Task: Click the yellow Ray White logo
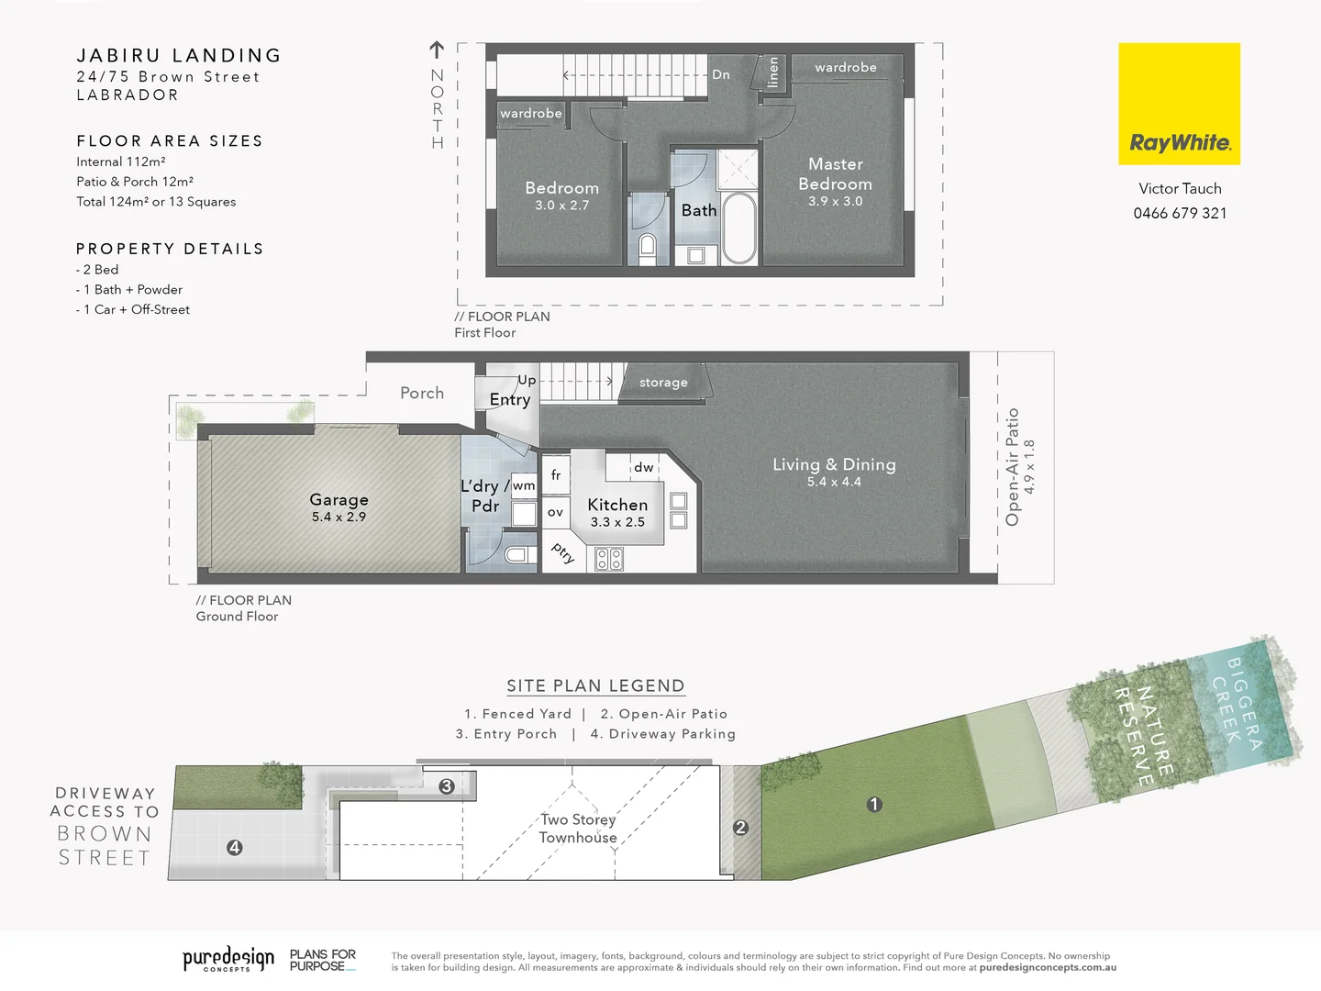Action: [1179, 104]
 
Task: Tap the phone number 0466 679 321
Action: [1180, 214]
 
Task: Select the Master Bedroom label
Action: [835, 174]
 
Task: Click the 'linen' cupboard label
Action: [772, 72]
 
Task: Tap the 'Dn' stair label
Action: [721, 74]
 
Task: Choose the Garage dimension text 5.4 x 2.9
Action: [339, 518]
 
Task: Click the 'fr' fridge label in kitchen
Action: [556, 475]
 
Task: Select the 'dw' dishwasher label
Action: [644, 467]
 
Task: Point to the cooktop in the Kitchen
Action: [609, 558]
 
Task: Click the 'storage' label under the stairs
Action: [663, 383]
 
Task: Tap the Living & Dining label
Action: [834, 464]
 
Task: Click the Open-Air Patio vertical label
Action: [1013, 467]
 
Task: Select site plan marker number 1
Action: [874, 805]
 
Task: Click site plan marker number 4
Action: [235, 848]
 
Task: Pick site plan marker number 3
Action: [447, 786]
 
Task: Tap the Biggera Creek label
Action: [1244, 703]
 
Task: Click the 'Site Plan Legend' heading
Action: [595, 686]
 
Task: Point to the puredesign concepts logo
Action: [228, 960]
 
